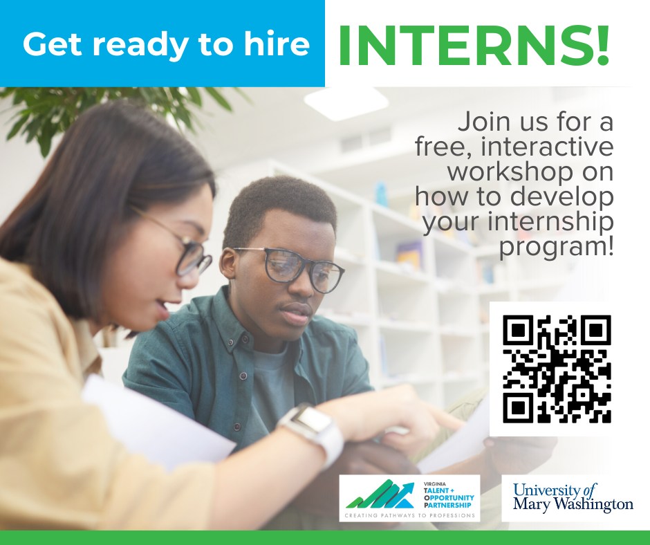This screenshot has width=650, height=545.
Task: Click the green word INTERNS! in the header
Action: pos(474,46)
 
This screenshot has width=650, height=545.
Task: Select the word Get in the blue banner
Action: pos(53,44)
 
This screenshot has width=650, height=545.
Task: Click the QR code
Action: pos(557,369)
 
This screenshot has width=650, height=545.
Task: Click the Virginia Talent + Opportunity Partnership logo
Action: pos(409,498)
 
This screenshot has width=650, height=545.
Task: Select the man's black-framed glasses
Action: pos(290,269)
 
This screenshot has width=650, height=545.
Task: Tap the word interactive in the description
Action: pos(547,147)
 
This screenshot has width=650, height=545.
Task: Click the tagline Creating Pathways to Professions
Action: pos(409,515)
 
